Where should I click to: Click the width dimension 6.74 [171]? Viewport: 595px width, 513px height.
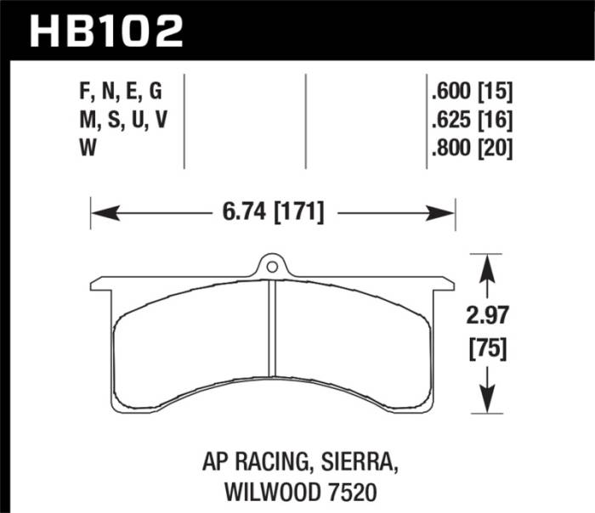point(274,212)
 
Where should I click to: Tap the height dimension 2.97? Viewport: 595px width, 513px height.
point(486,317)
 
